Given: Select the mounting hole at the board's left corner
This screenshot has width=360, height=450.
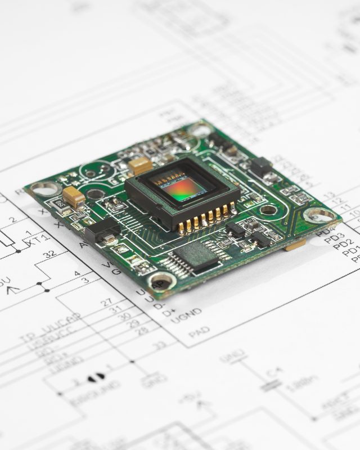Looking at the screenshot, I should click(x=44, y=188).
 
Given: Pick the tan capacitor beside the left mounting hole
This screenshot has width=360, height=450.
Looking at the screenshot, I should click(x=74, y=196).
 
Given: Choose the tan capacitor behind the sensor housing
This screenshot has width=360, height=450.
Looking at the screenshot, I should click(x=140, y=165).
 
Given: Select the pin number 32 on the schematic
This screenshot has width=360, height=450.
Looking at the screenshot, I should click(x=49, y=254).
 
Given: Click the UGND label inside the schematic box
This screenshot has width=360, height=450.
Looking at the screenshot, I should click(x=186, y=313).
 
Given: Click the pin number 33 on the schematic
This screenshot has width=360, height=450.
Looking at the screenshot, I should click(x=160, y=344).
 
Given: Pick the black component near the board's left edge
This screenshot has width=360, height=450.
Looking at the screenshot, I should click(x=102, y=230).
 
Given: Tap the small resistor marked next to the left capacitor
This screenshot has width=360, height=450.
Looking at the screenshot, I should click(x=58, y=204).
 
